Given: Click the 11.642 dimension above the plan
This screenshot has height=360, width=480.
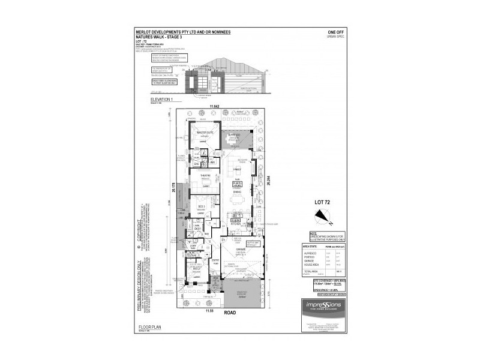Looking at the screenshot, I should point(215,107).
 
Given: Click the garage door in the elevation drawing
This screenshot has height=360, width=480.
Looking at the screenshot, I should point(239,82).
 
